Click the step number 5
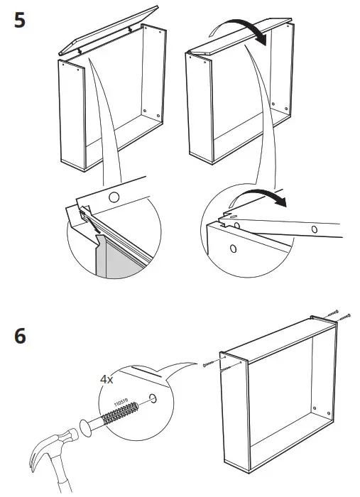click(x=20, y=19)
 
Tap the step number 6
click(x=20, y=336)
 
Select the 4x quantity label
click(x=107, y=380)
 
